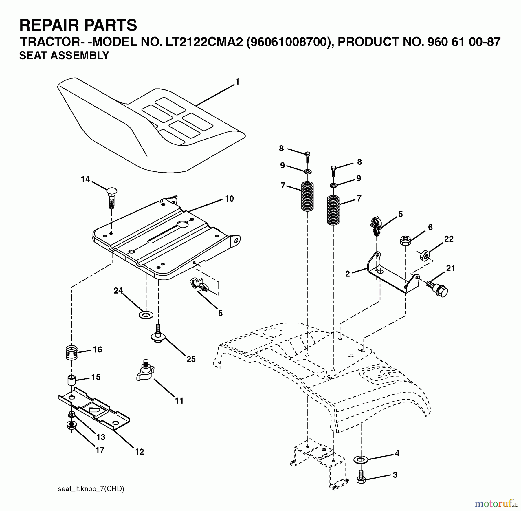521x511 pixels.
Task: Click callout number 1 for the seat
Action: [237, 82]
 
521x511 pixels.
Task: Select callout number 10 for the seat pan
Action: [229, 199]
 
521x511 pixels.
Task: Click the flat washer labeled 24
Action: [146, 315]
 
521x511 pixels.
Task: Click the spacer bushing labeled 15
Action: [71, 380]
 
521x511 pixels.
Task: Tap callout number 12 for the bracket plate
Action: [139, 451]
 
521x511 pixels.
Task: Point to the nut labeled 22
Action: [425, 256]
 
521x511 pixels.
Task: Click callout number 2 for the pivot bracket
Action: [347, 274]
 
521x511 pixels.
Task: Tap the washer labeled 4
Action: [361, 459]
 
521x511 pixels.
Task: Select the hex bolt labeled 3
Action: [361, 477]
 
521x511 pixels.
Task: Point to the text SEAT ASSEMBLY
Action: [64, 55]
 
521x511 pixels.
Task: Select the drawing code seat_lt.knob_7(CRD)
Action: [91, 489]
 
